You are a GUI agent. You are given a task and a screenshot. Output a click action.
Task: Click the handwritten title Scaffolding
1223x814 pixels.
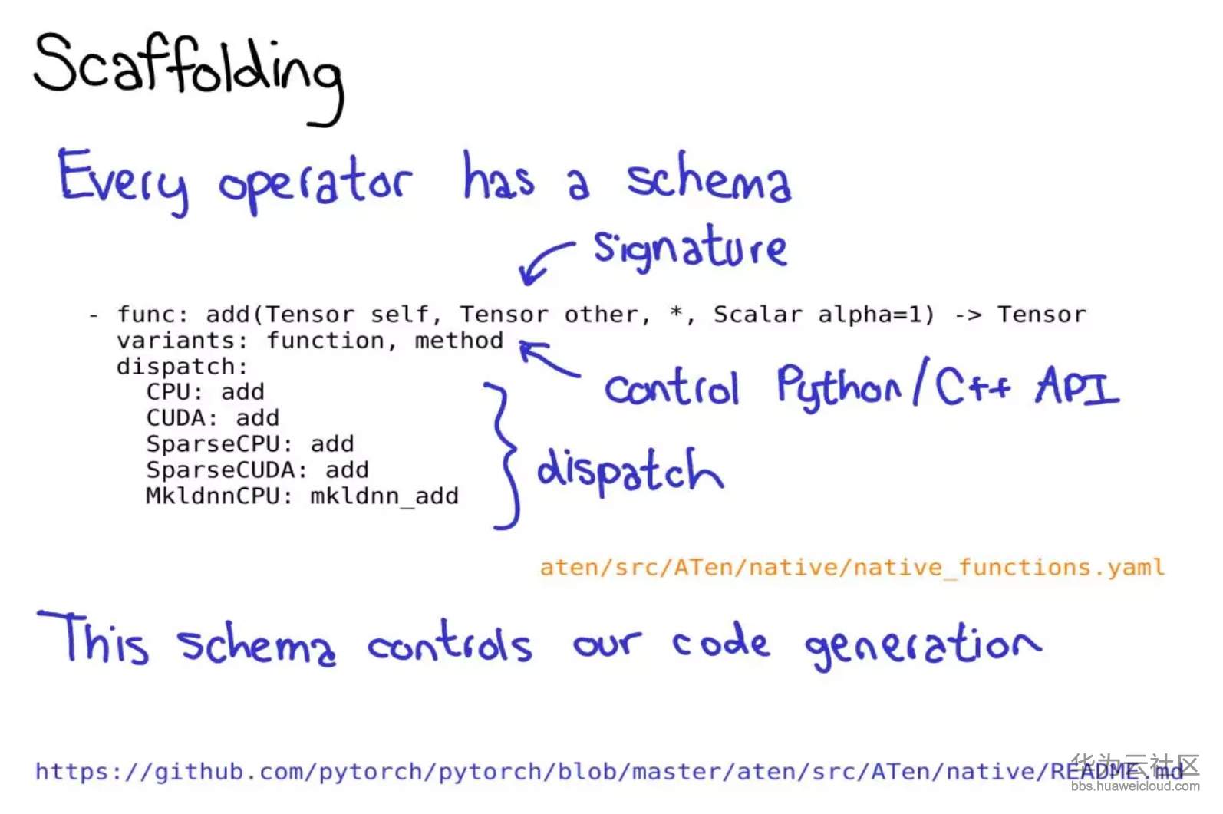pos(189,77)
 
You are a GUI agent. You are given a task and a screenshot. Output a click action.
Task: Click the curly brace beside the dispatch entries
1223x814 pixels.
pos(505,456)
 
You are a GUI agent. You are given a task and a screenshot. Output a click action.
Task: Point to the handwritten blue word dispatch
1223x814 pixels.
pos(630,472)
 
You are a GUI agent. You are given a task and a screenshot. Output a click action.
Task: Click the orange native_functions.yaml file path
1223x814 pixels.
pos(852,568)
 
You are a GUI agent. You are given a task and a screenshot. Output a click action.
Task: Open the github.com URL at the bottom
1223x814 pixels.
pos(609,772)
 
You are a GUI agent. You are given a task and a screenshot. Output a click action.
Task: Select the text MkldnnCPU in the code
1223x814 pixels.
pos(213,496)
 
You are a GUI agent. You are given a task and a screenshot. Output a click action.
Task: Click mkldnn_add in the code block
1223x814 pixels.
pos(384,497)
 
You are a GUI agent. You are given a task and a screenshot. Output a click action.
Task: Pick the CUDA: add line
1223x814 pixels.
pos(213,418)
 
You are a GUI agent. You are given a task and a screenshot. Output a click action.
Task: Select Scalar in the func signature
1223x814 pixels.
pos(758,315)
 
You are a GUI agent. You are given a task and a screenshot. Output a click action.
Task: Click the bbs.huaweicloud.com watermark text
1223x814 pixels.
pos(1135,786)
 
